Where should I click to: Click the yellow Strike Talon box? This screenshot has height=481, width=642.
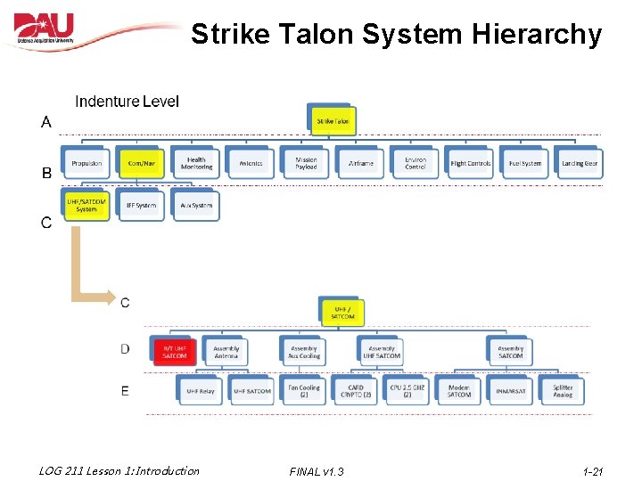[x=333, y=121]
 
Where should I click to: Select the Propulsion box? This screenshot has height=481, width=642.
[x=86, y=163]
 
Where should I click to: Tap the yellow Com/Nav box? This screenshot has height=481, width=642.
[x=141, y=163]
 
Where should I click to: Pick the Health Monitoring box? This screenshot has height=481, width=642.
[x=196, y=163]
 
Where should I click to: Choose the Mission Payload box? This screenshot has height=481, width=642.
[x=306, y=163]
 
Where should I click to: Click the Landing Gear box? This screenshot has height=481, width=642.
[x=580, y=163]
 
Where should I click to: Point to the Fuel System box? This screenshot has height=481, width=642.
[x=525, y=163]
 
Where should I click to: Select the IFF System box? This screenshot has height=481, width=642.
[x=141, y=206]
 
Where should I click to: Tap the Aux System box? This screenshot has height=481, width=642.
[x=196, y=206]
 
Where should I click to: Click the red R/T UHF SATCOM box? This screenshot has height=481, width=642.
[x=175, y=352]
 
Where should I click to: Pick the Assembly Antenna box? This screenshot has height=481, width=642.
[x=226, y=352]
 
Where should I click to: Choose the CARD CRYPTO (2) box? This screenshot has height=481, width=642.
[x=356, y=391]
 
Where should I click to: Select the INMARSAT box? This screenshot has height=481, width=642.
[x=511, y=391]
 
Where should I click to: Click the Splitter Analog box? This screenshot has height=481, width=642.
[x=563, y=391]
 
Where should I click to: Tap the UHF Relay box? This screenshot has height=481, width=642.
[x=201, y=391]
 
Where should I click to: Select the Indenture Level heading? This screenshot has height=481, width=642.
[x=127, y=102]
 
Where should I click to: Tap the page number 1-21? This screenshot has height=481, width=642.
[x=592, y=471]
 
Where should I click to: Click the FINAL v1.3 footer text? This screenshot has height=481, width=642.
[x=317, y=471]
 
